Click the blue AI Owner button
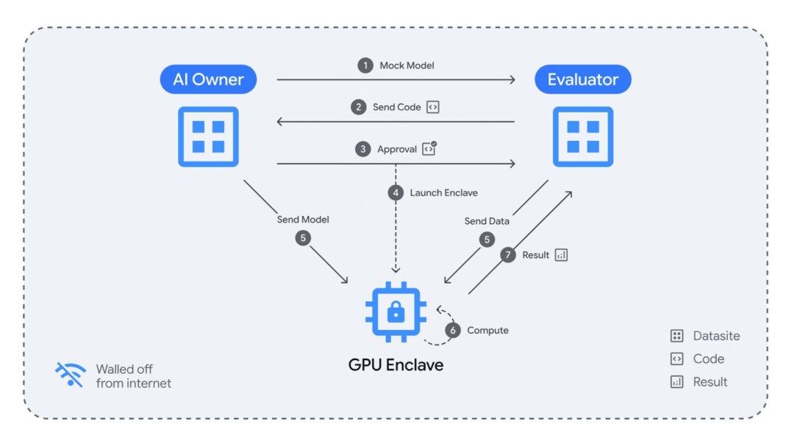pos(208,79)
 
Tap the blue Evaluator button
pos(583,79)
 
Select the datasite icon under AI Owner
pos(208,137)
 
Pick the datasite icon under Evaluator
pos(583,137)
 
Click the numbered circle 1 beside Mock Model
pos(365,65)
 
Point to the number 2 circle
pos(359,107)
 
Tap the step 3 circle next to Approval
pos(362,149)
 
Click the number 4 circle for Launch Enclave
pos(396,193)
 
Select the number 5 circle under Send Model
pos(303,238)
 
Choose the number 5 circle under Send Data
pos(487,240)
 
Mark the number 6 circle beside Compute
pos(453,330)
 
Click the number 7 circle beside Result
pos(508,255)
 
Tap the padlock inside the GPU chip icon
pos(396,312)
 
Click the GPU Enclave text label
pos(396,364)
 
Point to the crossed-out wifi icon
pos(71,375)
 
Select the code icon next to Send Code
pos(432,107)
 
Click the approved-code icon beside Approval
pos(429,148)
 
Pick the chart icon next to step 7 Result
pos(561,255)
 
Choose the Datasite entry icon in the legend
pos(676,336)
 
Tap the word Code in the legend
pos(709,359)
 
